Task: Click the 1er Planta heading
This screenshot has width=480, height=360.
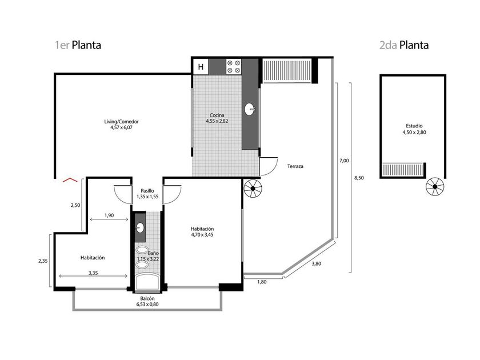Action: click(x=78, y=45)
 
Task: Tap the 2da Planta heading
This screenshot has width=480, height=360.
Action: click(x=404, y=45)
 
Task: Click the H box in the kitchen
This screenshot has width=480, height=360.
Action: click(x=201, y=67)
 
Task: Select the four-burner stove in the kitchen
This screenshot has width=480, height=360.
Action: click(x=234, y=67)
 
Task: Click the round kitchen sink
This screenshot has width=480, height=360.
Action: click(x=250, y=109)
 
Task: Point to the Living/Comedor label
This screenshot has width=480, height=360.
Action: click(x=122, y=125)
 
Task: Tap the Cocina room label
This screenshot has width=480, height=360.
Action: click(x=217, y=118)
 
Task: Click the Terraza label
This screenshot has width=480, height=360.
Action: click(x=295, y=166)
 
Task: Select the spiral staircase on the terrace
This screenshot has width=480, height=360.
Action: click(x=253, y=188)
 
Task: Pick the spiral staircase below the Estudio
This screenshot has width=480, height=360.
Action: click(x=435, y=186)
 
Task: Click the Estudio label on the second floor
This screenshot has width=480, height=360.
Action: click(x=414, y=129)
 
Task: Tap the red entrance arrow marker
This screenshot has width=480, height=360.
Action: click(x=70, y=180)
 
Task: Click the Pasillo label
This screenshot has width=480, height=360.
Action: click(x=147, y=194)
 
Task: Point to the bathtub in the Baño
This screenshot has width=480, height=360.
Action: click(x=147, y=281)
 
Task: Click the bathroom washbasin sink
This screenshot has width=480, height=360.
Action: click(x=140, y=227)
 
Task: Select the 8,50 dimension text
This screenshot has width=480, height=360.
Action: click(x=359, y=178)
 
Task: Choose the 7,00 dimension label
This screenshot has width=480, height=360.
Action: click(x=344, y=161)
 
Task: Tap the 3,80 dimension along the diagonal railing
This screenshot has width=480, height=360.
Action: click(x=316, y=263)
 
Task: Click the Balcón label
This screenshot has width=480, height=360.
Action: click(x=147, y=301)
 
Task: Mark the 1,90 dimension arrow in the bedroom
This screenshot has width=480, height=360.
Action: click(x=109, y=219)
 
